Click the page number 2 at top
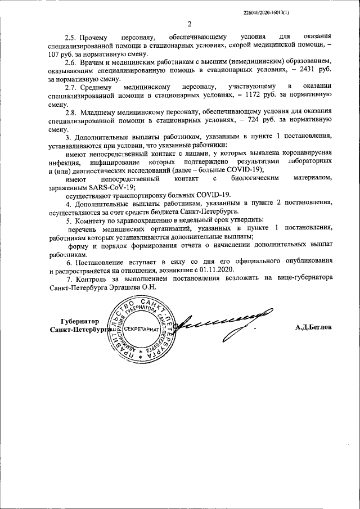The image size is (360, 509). tap(189, 24)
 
